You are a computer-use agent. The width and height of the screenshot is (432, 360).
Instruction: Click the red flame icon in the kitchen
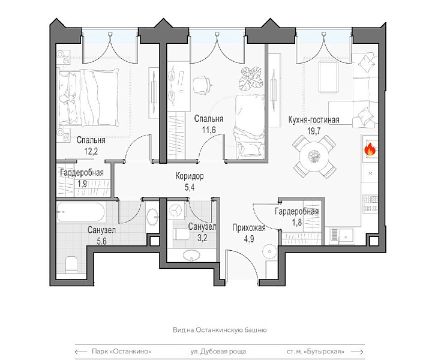pyautogui.click(x=370, y=149)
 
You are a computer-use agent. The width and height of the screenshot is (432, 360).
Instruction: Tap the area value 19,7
pyautogui.click(x=314, y=131)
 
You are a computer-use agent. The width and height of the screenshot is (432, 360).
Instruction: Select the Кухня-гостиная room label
pyautogui.click(x=314, y=120)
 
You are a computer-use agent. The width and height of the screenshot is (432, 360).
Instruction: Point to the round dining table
pyautogui.click(x=314, y=157)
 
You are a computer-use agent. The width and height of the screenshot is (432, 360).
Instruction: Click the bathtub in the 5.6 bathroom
pyautogui.click(x=80, y=212)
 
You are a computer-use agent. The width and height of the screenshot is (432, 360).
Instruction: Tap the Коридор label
pyautogui.click(x=190, y=176)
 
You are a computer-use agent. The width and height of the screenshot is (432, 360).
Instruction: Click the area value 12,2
pyautogui.click(x=91, y=151)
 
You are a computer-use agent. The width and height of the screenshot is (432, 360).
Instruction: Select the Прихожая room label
pyautogui.click(x=249, y=228)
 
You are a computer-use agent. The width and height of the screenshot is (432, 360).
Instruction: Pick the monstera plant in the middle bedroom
pyautogui.click(x=251, y=79)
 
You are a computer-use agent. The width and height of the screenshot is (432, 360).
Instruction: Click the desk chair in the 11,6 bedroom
pyautogui.click(x=202, y=85)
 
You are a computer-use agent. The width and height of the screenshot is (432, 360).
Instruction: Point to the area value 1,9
pyautogui.click(x=82, y=183)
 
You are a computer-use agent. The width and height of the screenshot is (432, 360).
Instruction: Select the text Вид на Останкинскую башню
pyautogui.click(x=220, y=330)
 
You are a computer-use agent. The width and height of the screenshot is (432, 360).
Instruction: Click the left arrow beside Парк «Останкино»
pyautogui.click(x=81, y=352)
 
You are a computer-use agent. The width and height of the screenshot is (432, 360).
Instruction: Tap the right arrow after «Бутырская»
pyautogui.click(x=358, y=352)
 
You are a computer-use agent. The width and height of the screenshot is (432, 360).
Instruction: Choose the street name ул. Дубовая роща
pyautogui.click(x=218, y=352)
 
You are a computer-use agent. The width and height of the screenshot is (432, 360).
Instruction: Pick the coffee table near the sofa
pyautogui.click(x=328, y=77)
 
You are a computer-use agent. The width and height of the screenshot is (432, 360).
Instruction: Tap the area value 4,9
pyautogui.click(x=249, y=239)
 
